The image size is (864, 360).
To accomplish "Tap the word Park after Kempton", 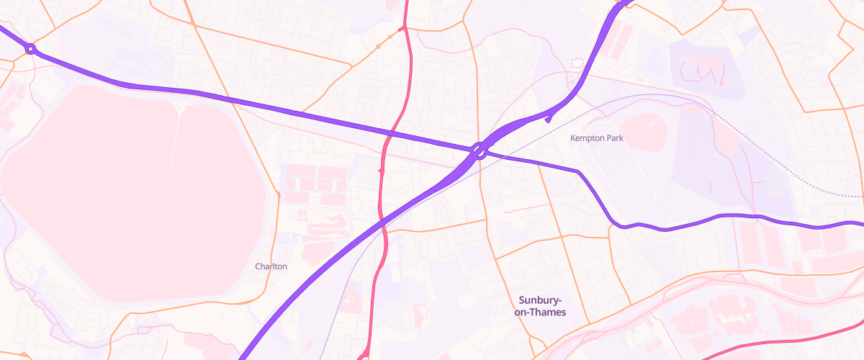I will coord(614,138).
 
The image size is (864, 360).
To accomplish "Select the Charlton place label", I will coord(271,266).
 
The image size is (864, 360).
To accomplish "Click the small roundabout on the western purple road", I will coord(30,49).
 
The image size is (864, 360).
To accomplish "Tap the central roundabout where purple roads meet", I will coord(480,150).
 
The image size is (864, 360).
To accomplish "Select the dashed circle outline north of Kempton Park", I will coord(577,63).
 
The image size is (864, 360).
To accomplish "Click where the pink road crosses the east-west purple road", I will coord(393,132).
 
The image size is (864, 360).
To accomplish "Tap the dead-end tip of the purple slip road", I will coord(548,120).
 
